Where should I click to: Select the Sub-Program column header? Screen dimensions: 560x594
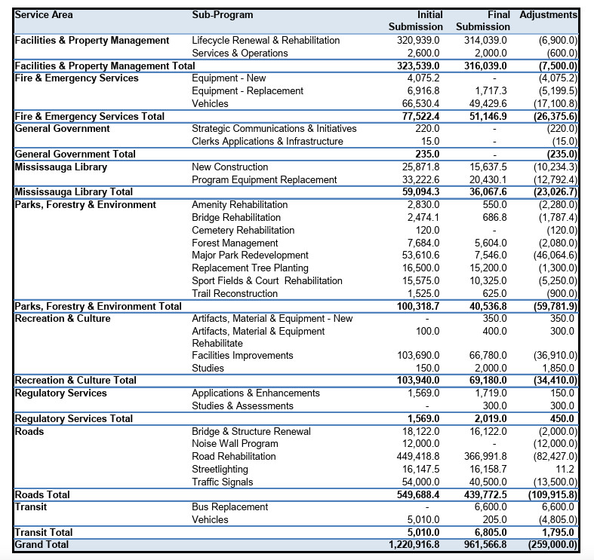pyautogui.click(x=223, y=15)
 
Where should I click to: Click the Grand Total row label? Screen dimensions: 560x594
pyautogui.click(x=42, y=545)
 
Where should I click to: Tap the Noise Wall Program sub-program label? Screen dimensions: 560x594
pyautogui.click(x=235, y=444)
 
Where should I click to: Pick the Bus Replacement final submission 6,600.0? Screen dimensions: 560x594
pyautogui.click(x=486, y=507)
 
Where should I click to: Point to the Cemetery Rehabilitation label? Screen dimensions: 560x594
pyautogui.click(x=243, y=230)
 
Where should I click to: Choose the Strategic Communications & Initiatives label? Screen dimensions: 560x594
pyautogui.click(x=274, y=129)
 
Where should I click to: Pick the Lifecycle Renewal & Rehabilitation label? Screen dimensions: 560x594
pyautogui.click(x=266, y=40)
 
